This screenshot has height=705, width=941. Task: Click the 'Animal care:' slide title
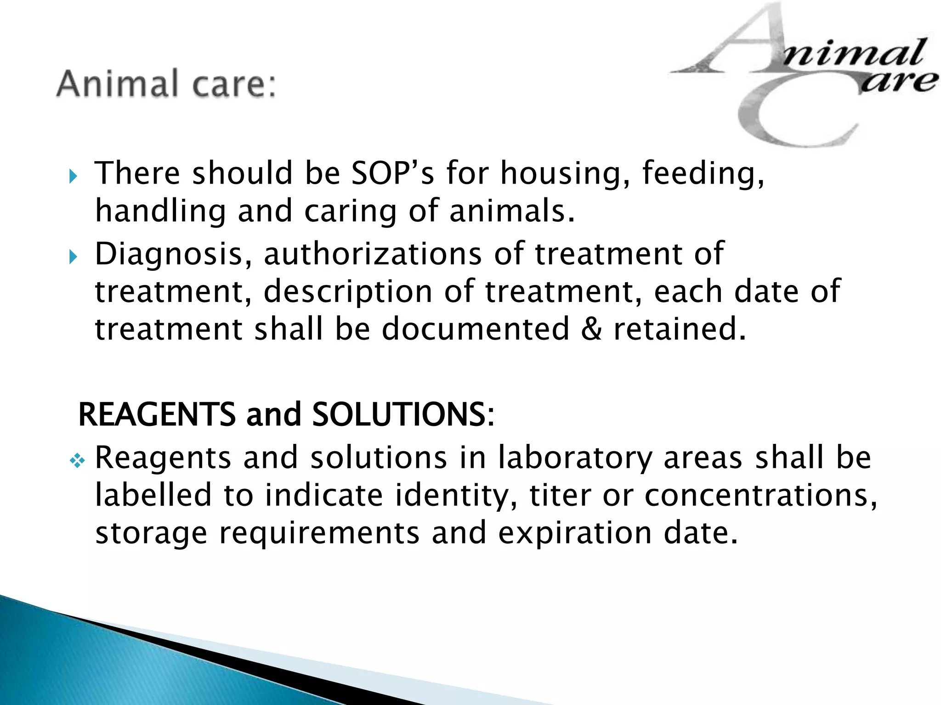coord(166,84)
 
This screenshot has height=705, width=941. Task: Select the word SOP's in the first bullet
coord(392,173)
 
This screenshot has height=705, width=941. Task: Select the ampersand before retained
coord(591,329)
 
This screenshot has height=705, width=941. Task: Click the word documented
coord(476,329)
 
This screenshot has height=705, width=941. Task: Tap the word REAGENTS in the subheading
coord(157,414)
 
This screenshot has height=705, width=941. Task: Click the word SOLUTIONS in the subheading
coord(398,414)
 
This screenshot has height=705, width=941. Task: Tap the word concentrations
coord(760,496)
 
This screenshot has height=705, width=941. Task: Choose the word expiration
coord(575,534)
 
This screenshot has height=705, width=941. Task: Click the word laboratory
coord(575,459)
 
